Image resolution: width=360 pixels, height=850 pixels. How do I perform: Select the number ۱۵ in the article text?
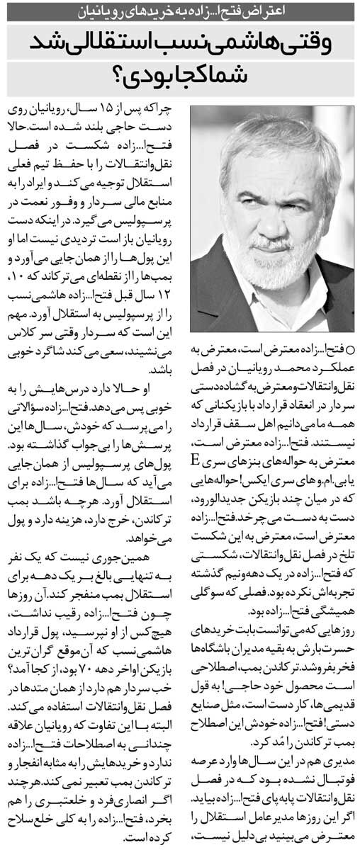[x=108, y=110]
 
